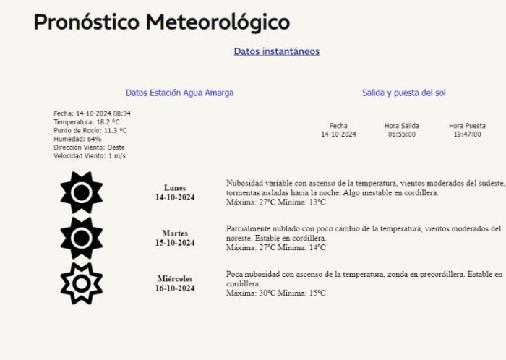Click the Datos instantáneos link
pos(276,51)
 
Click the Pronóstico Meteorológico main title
pos(161,22)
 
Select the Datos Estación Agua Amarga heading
pos(179,93)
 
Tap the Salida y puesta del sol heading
pos(409,93)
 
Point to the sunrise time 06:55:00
pos(402,134)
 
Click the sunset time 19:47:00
pos(467,134)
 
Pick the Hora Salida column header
pos(402,126)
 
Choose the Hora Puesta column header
pos(467,126)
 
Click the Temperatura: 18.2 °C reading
pos(87,122)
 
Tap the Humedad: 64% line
pos(77,139)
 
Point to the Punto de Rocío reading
pos(90,131)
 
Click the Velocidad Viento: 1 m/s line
pos(90,155)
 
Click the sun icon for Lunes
pos(82,192)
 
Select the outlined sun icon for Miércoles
pos(82,283)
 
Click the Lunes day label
pos(175,188)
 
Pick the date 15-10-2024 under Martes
pos(175,243)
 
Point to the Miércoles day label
pos(175,278)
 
